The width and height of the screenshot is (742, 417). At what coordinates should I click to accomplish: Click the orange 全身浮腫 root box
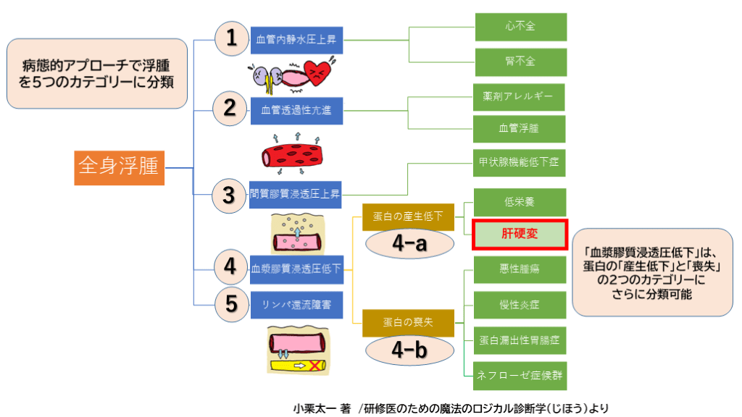tap(120, 167)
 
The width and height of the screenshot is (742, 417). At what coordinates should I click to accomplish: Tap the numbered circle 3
tap(230, 194)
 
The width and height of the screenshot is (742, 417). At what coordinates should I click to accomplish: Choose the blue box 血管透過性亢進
tap(296, 111)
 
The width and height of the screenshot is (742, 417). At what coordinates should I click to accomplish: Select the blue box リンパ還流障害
tap(296, 305)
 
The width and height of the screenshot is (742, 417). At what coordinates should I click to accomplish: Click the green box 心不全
tap(520, 27)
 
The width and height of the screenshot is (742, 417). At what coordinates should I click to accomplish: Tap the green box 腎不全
tap(520, 62)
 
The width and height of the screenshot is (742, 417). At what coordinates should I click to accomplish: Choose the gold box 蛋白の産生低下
tap(408, 216)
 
